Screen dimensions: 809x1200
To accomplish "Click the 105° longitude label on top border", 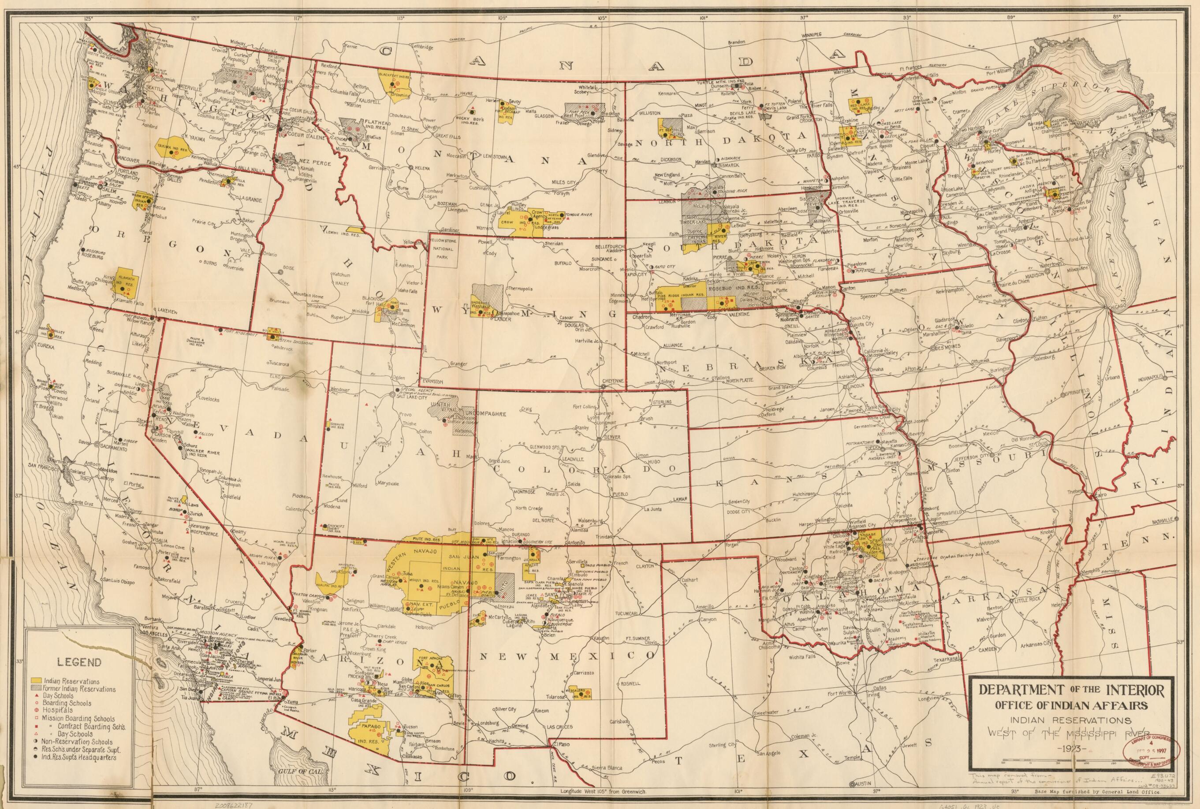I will click(x=601, y=18).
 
